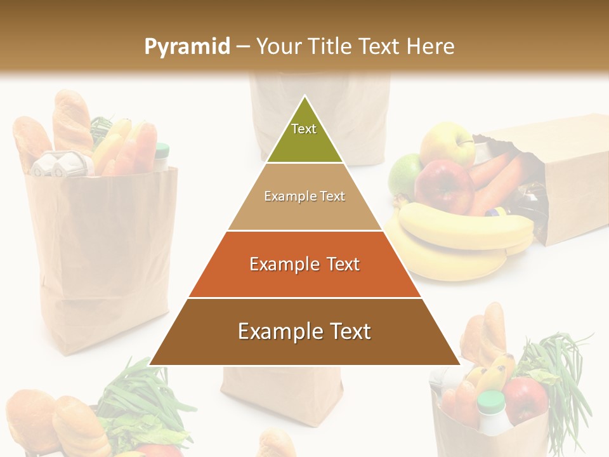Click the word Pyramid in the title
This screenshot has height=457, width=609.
click(187, 46)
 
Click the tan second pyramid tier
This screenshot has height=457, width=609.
click(304, 197)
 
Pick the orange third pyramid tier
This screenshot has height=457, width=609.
click(304, 265)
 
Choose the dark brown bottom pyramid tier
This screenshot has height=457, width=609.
click(304, 332)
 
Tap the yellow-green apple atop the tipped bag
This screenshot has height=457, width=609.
click(447, 143)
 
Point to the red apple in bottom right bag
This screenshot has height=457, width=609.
click(525, 400)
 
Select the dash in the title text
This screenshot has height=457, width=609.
click(243, 46)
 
